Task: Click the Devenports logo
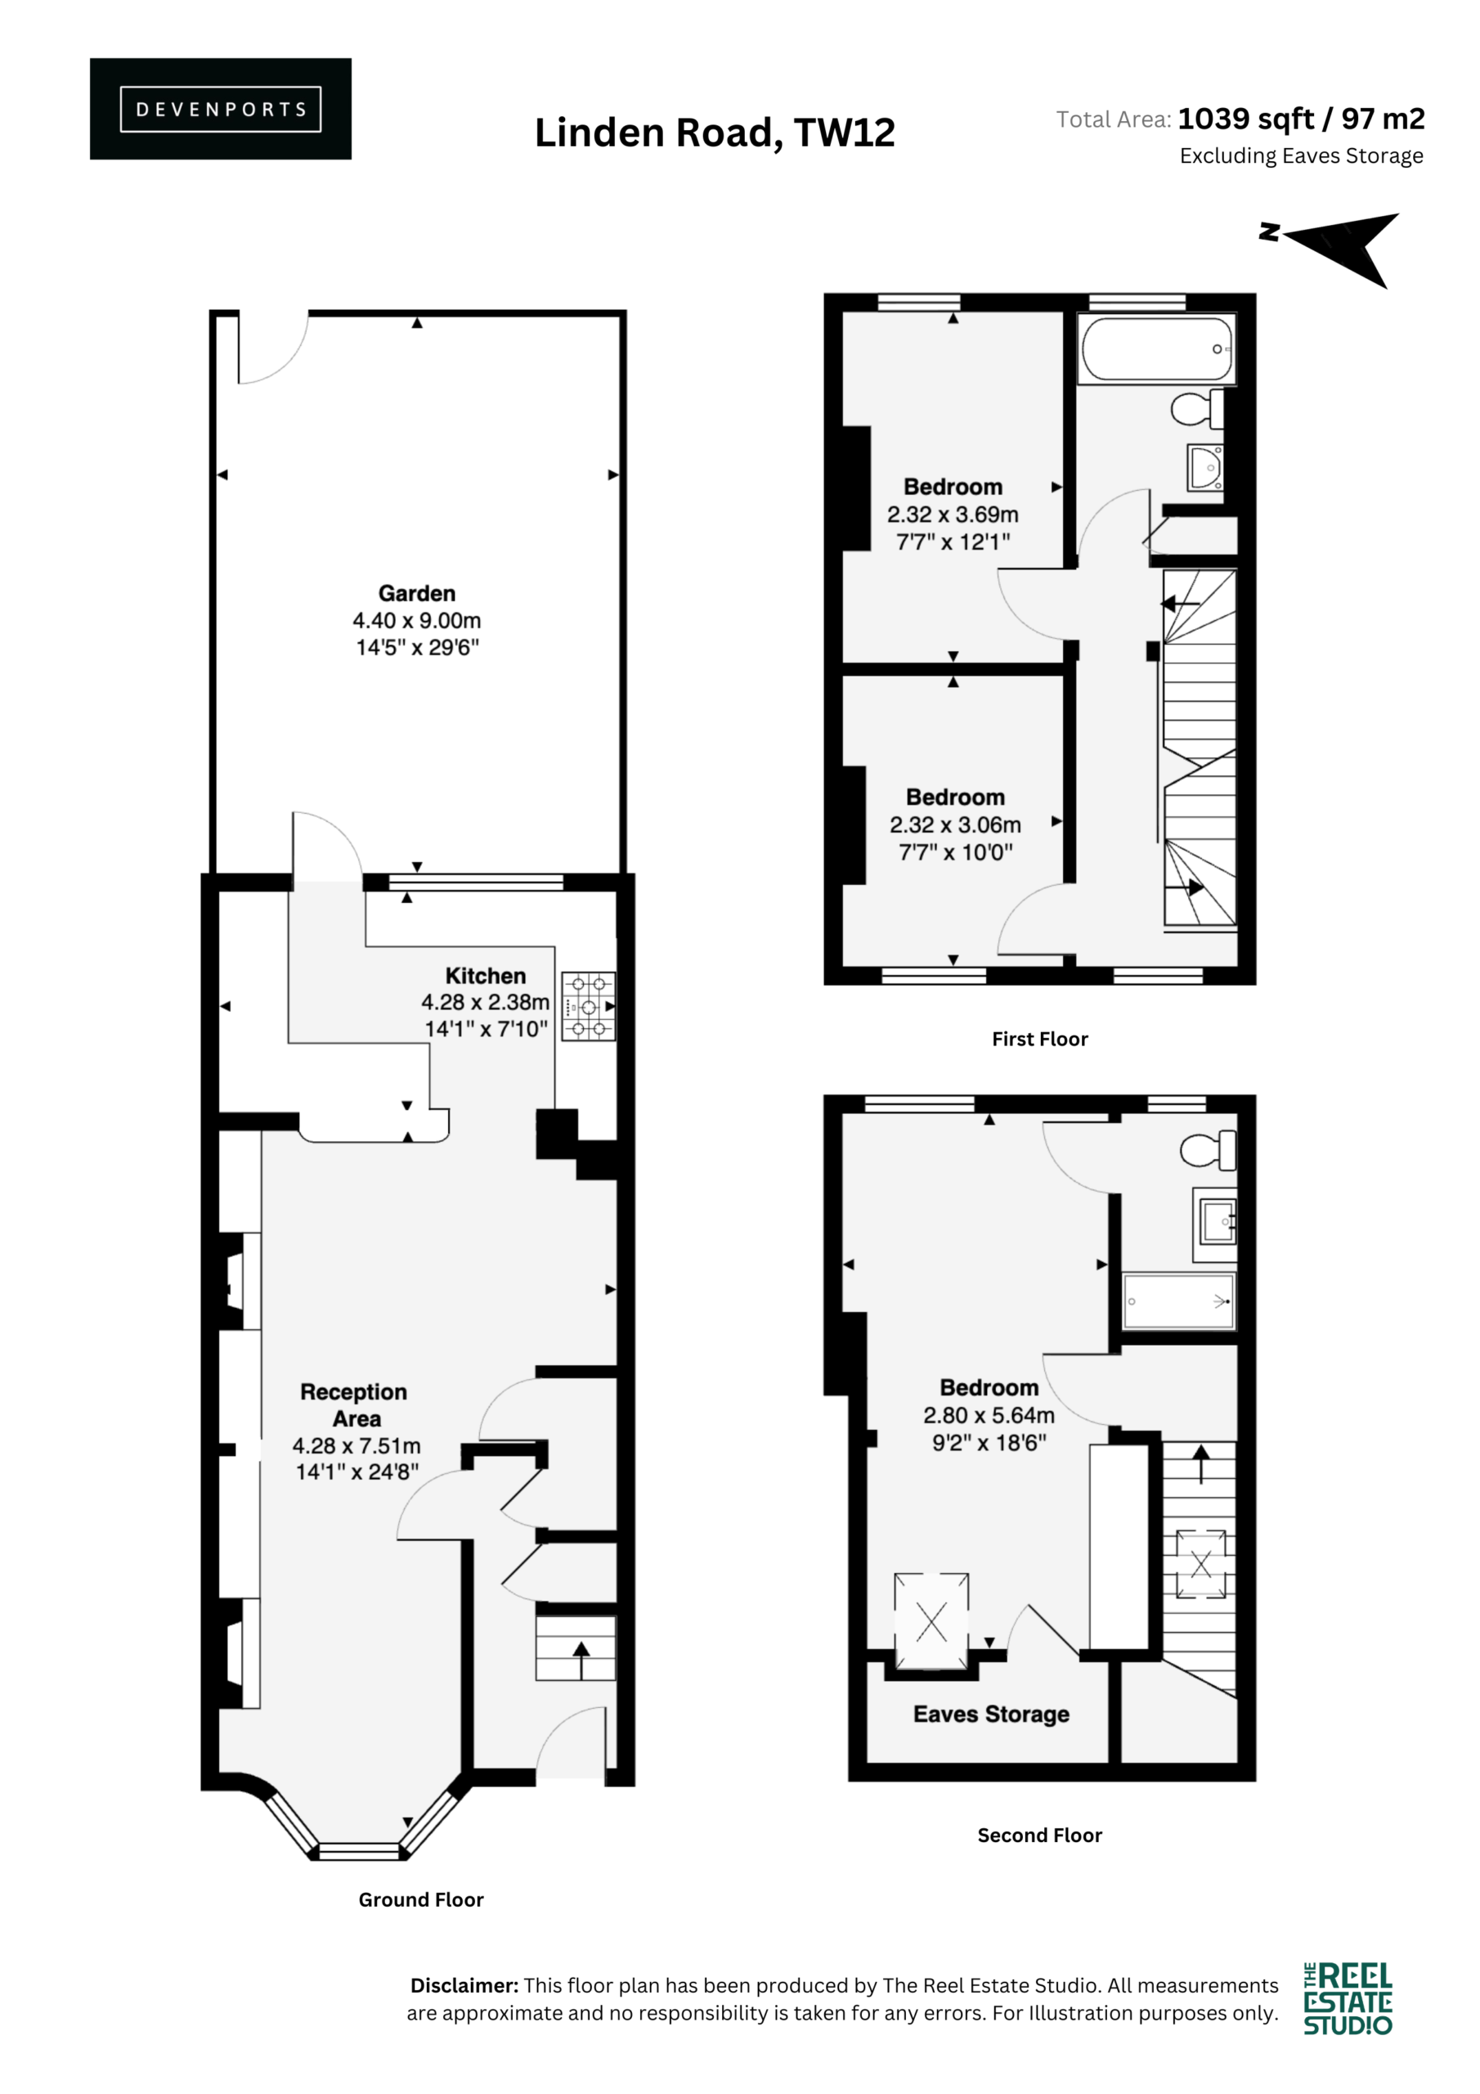point(220,109)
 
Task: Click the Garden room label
point(417,593)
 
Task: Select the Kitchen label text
point(485,975)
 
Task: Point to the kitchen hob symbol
point(588,1007)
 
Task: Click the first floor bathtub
point(1157,348)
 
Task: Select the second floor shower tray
point(1178,1301)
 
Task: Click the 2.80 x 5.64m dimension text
point(989,1415)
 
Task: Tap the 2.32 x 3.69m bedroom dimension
point(953,515)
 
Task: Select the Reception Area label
point(354,1404)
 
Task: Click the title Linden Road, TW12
point(715,133)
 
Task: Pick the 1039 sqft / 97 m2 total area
point(1301,119)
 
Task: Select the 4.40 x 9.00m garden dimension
point(417,620)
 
